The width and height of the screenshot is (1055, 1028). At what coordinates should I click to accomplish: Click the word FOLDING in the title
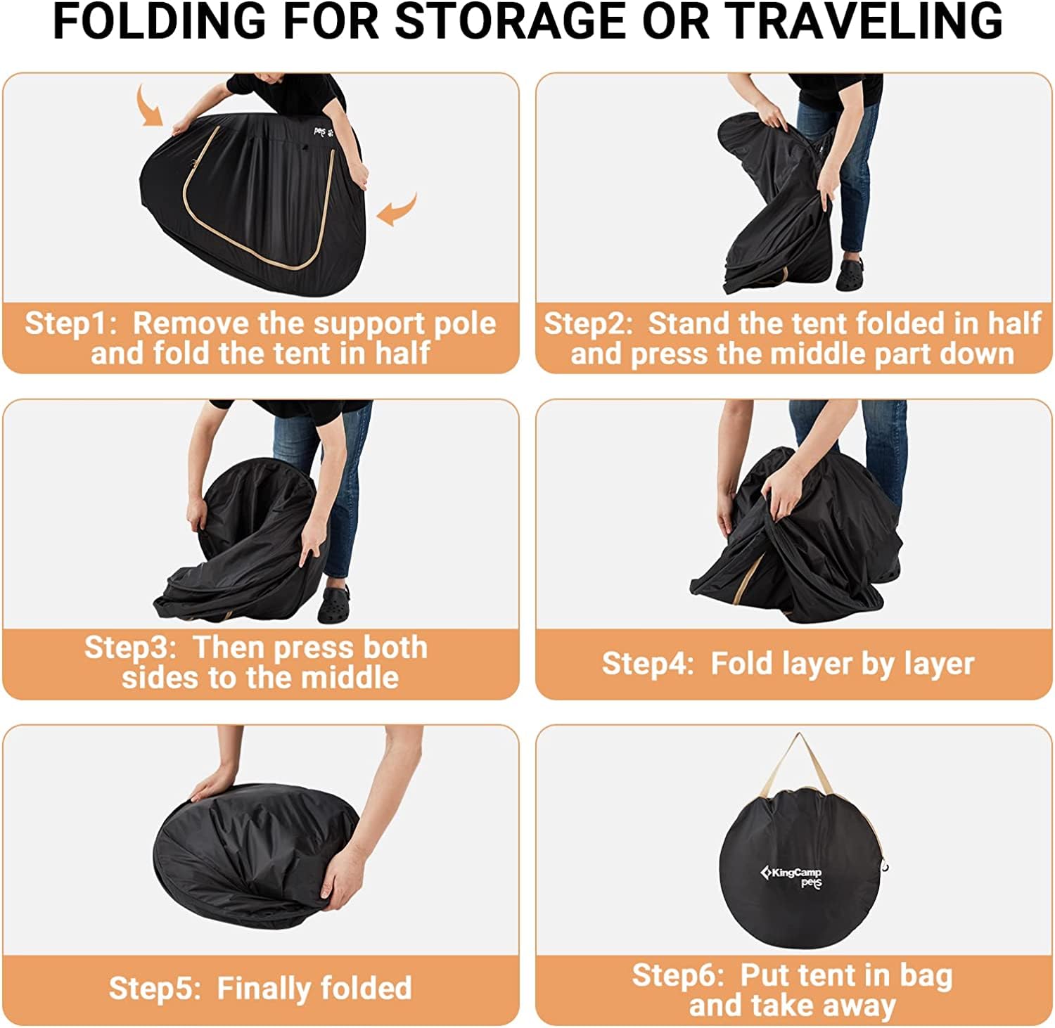point(160,21)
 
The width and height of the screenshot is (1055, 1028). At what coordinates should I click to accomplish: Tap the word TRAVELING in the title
point(864,21)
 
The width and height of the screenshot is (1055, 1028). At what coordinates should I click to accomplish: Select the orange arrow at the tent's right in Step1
point(397,210)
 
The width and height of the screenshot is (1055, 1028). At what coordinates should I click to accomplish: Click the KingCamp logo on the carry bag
point(791,877)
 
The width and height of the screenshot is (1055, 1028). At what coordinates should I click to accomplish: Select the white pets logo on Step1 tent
point(324,131)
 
